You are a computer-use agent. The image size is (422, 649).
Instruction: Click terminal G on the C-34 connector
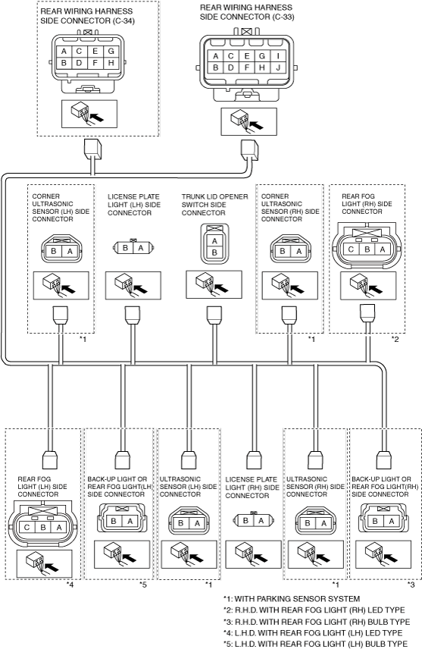pyautogui.click(x=111, y=52)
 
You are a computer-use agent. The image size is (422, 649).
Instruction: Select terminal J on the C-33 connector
pyautogui.click(x=278, y=67)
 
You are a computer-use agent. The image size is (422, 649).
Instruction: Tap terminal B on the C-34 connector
pyautogui.click(x=64, y=63)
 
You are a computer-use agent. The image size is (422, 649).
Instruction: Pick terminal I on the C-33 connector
pyautogui.click(x=278, y=56)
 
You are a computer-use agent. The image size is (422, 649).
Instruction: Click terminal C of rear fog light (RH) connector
pyautogui.click(x=352, y=249)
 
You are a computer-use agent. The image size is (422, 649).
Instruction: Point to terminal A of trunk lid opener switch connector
pyautogui.click(x=214, y=241)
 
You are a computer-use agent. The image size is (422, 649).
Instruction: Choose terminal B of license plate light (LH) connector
pyautogui.click(x=125, y=248)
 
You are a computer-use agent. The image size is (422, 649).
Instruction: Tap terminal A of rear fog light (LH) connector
pyautogui.click(x=59, y=528)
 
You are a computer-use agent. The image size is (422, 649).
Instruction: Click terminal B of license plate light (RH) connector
pyautogui.click(x=245, y=520)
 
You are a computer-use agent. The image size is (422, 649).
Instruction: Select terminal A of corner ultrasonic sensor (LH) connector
pyautogui.click(x=70, y=251)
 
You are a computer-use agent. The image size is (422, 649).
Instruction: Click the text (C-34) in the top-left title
pyautogui.click(x=123, y=20)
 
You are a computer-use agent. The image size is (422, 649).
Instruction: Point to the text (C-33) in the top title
pyautogui.click(x=283, y=17)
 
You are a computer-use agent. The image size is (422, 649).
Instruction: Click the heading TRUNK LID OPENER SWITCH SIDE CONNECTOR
pyautogui.click(x=214, y=205)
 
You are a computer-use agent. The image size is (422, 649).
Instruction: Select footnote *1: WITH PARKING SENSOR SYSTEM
pyautogui.click(x=292, y=598)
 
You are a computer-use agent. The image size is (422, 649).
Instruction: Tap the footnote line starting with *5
pyautogui.click(x=315, y=644)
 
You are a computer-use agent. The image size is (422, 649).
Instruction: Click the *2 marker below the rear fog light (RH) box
pyautogui.click(x=395, y=340)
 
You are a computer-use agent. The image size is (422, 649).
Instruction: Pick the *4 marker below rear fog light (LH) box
pyautogui.click(x=70, y=585)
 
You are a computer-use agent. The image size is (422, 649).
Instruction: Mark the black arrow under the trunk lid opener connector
pyautogui.click(x=221, y=287)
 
